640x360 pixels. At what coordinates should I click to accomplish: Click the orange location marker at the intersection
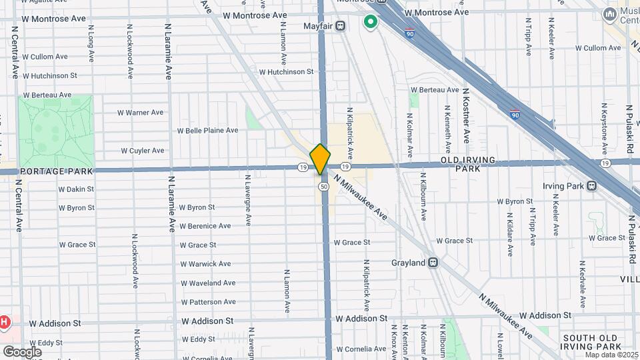point(321,159)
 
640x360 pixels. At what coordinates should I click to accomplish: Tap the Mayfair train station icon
point(341,27)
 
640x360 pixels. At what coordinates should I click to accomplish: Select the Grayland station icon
point(433,263)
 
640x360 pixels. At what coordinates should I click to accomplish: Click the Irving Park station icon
point(591,186)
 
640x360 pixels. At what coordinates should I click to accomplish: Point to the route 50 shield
point(323,187)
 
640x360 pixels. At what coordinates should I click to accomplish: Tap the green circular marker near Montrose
point(370,23)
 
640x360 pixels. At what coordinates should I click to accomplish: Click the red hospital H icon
point(4,323)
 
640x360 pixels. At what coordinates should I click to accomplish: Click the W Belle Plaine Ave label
point(207,131)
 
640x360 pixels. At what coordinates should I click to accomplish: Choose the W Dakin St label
point(77,189)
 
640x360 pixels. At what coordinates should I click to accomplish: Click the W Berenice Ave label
point(205,226)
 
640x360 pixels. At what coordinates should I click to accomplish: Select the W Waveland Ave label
point(208,283)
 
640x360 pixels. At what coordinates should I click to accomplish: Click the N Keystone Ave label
point(605,127)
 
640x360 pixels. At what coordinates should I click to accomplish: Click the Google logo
point(22,351)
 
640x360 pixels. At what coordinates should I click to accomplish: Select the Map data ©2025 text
point(611,354)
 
